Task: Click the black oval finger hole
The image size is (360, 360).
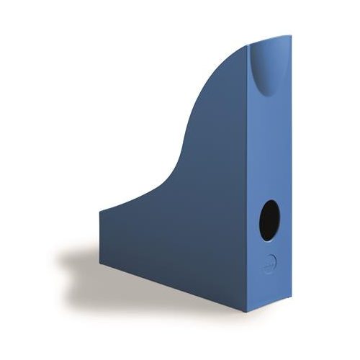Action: click(269, 220)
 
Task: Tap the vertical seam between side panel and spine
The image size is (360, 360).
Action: click(248, 180)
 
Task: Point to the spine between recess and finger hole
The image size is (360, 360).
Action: click(269, 144)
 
